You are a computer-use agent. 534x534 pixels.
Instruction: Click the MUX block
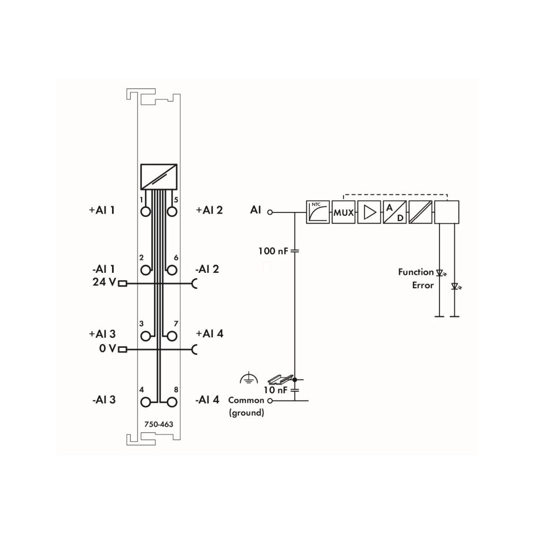(x=343, y=212)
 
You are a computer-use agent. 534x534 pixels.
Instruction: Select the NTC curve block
(x=318, y=212)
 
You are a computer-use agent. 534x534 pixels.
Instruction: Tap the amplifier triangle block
(x=369, y=212)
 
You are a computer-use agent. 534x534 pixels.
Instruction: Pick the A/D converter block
(x=395, y=212)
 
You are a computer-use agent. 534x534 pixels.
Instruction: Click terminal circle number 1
(x=145, y=211)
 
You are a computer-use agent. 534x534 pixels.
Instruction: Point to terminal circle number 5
(x=172, y=211)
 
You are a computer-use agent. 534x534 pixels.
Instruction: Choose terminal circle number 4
(x=145, y=402)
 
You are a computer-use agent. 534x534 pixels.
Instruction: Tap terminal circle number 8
(x=172, y=402)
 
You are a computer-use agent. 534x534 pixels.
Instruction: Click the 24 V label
(x=104, y=282)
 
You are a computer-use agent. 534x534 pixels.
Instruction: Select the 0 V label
(x=108, y=348)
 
